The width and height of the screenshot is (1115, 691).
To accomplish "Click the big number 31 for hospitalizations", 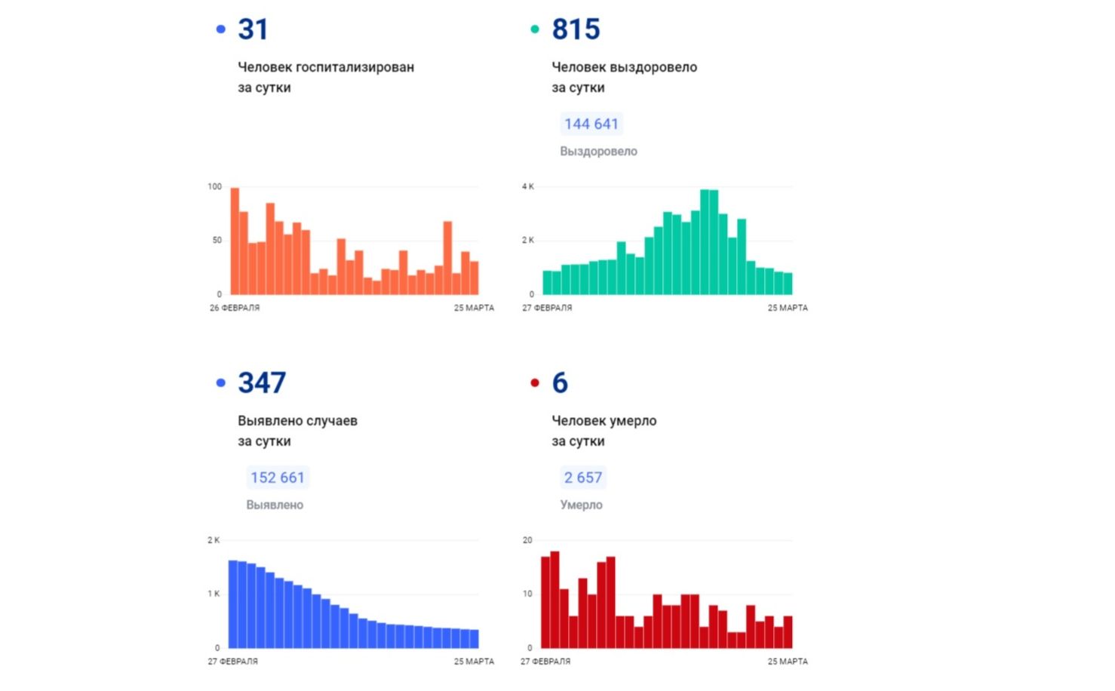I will tap(253, 29).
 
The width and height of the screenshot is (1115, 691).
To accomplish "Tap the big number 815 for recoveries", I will tap(576, 29).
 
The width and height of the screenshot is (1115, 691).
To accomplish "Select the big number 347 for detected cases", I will tap(262, 383).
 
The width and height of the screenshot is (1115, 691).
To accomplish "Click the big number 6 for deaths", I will tap(560, 383).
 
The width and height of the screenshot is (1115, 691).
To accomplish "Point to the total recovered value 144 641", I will tap(591, 124).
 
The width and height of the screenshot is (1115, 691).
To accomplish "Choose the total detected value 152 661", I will tap(278, 478).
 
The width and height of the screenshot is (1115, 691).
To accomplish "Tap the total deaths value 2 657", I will tap(583, 478).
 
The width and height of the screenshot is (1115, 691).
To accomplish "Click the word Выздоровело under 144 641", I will tap(598, 152).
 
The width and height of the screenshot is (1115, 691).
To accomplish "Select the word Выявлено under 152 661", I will tap(275, 505).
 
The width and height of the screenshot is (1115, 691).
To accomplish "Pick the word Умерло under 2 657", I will tap(581, 505).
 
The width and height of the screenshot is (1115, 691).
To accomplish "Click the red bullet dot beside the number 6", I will tap(535, 383).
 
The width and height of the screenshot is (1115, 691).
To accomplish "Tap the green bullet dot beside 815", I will tap(535, 29).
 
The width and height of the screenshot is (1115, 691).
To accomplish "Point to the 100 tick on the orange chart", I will tap(215, 186).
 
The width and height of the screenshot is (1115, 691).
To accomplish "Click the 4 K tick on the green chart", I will tap(528, 186).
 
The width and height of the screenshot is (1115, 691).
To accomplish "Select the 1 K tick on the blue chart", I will tap(214, 594).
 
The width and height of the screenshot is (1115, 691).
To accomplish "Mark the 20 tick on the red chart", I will tap(527, 540).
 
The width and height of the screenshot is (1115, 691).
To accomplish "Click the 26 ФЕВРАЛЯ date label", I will tap(235, 308).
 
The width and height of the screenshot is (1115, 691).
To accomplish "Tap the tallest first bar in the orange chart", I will tap(235, 241).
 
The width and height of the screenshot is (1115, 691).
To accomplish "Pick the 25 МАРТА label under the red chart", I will tap(788, 662).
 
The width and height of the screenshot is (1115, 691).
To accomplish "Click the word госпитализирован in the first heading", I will tap(355, 67).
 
